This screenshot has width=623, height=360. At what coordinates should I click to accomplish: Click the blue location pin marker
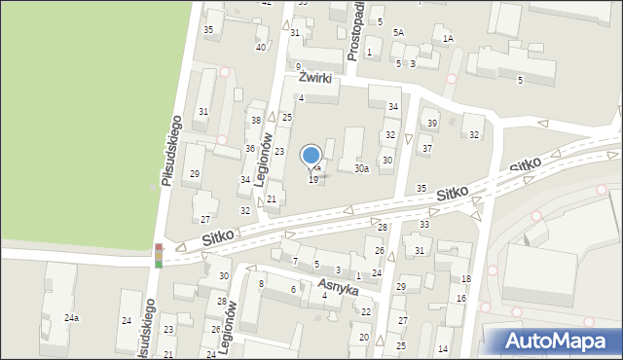(x=311, y=156)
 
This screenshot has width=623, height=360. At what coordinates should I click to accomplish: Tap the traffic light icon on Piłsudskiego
(x=159, y=255)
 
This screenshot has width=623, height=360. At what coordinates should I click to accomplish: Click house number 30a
(x=361, y=168)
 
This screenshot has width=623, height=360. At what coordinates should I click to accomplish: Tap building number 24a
(x=71, y=318)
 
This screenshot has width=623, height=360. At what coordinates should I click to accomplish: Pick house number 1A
(x=448, y=39)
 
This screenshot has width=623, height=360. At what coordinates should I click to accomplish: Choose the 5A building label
(x=398, y=33)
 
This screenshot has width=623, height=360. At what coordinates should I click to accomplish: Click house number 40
(x=260, y=47)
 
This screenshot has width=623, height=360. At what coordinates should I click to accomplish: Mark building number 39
(x=432, y=124)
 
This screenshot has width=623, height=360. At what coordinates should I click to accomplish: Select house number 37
(x=426, y=148)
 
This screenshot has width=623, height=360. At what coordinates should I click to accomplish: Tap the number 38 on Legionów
(x=256, y=120)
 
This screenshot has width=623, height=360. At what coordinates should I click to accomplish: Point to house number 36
(x=250, y=148)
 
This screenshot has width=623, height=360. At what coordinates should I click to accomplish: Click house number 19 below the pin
(x=313, y=179)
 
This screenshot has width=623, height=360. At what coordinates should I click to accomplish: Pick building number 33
(x=424, y=225)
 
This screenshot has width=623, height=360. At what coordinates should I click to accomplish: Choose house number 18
(x=466, y=279)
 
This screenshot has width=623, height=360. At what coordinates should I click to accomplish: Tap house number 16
(x=460, y=299)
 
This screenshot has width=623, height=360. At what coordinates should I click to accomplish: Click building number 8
(x=261, y=283)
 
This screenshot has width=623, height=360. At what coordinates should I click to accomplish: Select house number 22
(x=366, y=311)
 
